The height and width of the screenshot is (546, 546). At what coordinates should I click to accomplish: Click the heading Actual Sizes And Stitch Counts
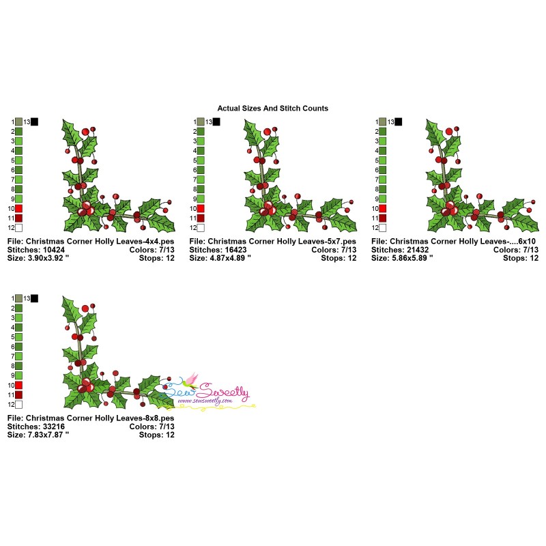tap(272, 108)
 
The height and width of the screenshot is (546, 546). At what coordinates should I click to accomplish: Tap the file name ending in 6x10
tap(455, 241)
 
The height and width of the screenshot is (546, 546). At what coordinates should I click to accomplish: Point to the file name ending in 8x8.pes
tap(91, 418)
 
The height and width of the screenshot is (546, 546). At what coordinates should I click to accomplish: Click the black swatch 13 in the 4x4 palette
tap(35, 121)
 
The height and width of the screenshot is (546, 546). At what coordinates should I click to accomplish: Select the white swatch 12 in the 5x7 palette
tap(201, 228)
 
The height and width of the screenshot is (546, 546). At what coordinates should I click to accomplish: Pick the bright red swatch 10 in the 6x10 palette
tap(383, 208)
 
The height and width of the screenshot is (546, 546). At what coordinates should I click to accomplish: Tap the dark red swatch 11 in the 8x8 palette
tap(18, 395)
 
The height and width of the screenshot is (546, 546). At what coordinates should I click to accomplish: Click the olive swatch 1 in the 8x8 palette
tap(18, 298)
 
